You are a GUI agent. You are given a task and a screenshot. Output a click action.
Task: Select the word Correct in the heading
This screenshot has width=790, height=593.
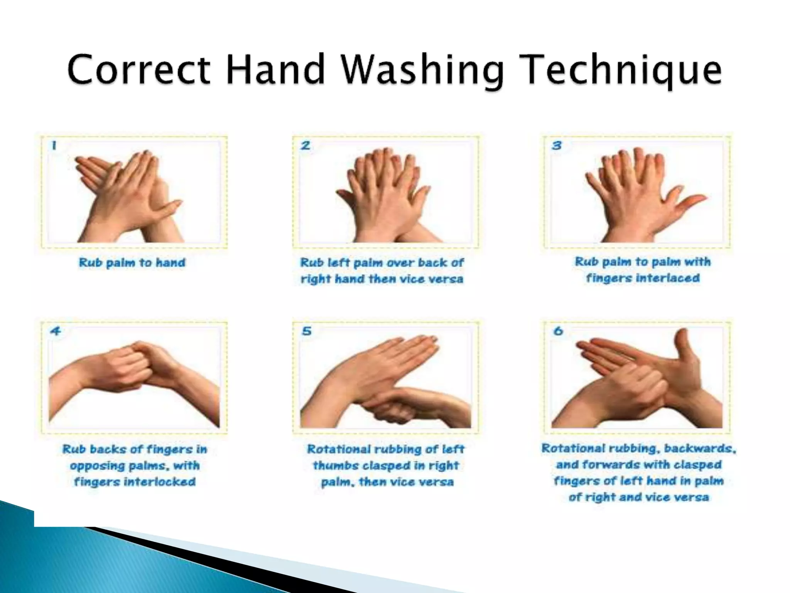139,69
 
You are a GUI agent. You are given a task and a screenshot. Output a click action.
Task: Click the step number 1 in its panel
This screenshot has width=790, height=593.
54,146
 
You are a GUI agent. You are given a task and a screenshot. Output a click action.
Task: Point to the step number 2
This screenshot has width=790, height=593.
306,146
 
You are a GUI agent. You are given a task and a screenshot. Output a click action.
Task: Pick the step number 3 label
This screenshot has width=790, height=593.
557,146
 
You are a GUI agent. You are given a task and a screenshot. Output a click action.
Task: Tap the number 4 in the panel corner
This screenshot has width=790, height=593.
56,331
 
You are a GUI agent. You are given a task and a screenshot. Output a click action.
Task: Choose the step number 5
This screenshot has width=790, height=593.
307,331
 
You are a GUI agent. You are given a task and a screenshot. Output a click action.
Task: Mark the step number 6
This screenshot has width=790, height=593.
558,331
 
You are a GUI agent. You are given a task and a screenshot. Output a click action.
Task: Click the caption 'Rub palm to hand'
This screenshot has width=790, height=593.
132,263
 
